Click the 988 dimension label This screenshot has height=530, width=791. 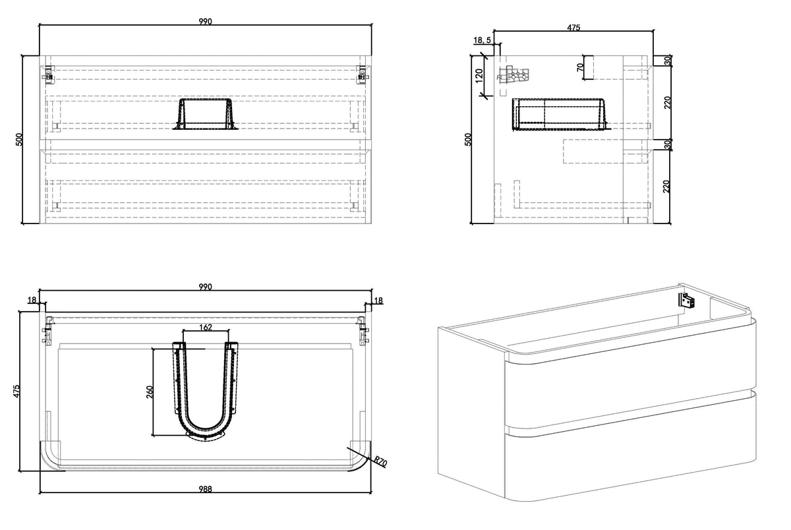[205, 489]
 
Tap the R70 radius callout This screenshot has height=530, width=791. [381, 461]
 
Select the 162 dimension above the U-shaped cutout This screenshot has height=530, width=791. [206, 328]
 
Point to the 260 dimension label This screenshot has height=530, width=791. [150, 392]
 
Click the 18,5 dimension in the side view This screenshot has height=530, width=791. [482, 40]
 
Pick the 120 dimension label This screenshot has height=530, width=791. [479, 76]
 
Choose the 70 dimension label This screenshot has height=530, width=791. [580, 67]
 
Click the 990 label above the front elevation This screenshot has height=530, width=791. [205, 22]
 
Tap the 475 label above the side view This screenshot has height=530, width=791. [573, 28]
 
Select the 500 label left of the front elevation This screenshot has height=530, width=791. [19, 140]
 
